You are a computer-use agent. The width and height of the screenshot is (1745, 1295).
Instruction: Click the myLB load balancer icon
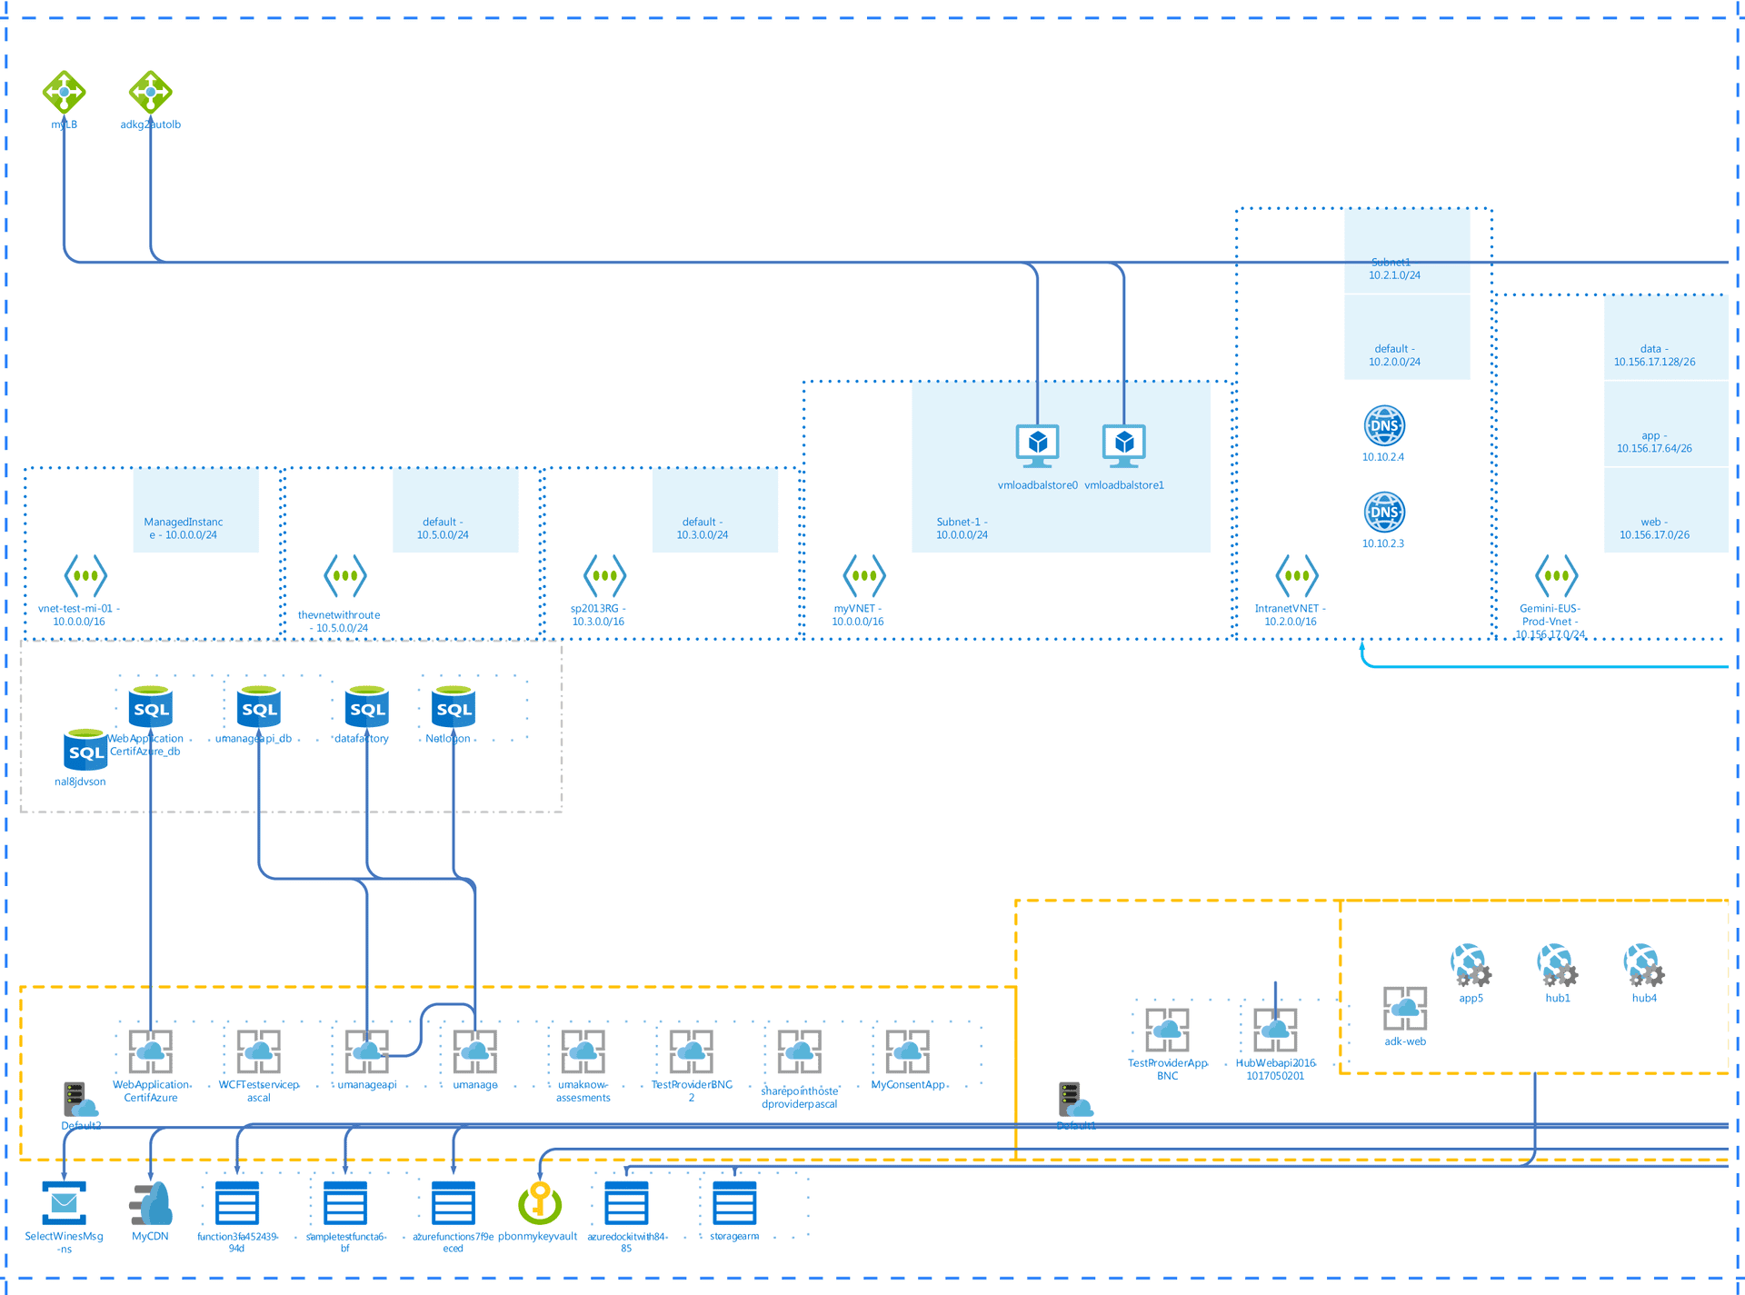coord(64,91)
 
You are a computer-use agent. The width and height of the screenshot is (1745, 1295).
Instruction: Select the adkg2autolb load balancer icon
coord(150,91)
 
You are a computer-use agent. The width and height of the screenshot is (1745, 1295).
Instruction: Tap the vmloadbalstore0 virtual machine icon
coord(1037,444)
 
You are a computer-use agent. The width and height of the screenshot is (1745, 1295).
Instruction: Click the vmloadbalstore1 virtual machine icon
coord(1124,444)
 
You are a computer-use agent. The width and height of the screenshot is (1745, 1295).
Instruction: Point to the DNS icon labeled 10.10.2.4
coord(1383,425)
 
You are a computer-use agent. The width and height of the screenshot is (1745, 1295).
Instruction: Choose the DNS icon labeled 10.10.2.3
coord(1383,512)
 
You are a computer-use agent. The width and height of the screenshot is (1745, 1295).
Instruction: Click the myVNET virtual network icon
coord(863,575)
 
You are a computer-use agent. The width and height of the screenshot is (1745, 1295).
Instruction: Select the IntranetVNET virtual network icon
coord(1296,575)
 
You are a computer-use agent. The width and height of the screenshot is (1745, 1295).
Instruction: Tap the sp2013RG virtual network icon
coord(604,575)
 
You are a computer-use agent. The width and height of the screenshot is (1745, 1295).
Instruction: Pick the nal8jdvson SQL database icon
coord(85,750)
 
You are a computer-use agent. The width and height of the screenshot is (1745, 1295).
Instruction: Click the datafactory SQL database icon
coord(366,707)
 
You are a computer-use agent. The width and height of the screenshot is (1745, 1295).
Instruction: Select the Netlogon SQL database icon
coord(453,707)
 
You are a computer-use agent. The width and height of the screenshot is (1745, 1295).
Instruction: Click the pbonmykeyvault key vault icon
coord(540,1203)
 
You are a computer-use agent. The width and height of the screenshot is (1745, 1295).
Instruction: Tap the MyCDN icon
coord(151,1203)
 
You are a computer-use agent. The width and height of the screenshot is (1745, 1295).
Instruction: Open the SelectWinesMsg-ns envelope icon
coord(64,1203)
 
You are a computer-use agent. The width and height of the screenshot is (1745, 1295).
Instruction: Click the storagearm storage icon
coord(734,1203)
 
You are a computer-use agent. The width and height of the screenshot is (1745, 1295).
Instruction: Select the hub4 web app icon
coord(1643,965)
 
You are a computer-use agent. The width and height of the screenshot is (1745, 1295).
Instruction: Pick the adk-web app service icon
coord(1404,1008)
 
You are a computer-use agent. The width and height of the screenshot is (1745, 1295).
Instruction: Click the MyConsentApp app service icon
coord(907,1051)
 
